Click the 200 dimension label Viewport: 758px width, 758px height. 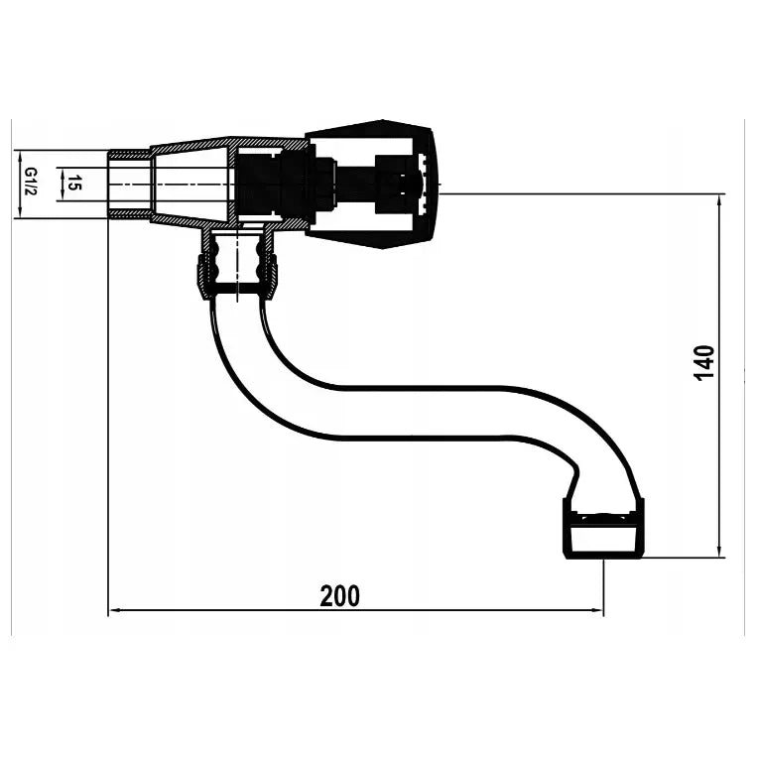[340, 596]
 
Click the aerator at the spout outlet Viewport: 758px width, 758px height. [604, 529]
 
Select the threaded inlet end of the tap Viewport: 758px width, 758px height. [129, 185]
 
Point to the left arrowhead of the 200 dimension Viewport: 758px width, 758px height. [114, 610]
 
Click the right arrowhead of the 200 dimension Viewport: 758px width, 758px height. [597, 610]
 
